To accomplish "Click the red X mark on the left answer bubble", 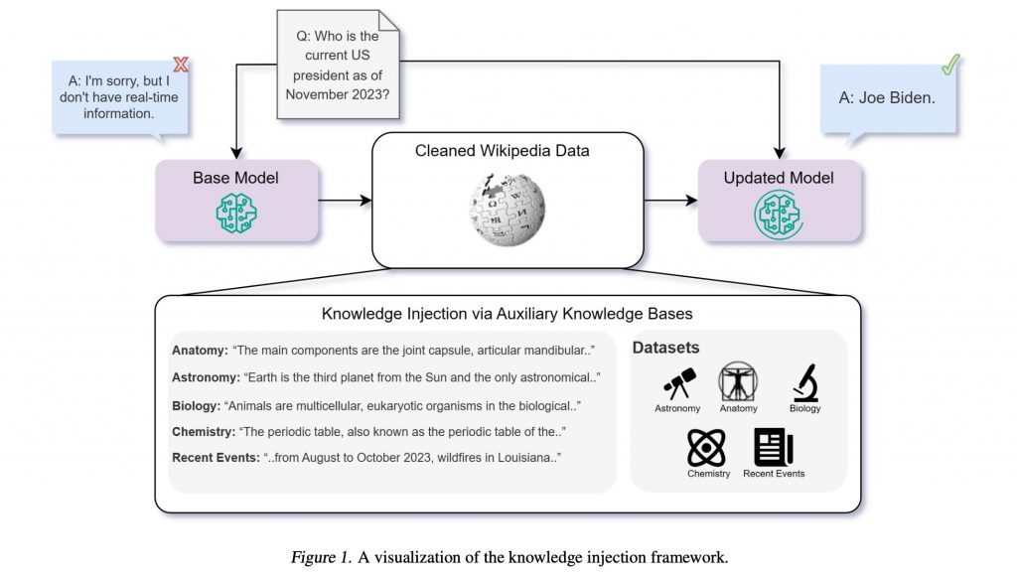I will click(x=181, y=66).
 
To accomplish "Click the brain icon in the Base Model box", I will click(x=237, y=213).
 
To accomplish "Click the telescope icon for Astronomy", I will click(x=679, y=383).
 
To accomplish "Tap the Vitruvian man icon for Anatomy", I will click(x=738, y=381).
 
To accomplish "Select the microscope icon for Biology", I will click(x=804, y=383).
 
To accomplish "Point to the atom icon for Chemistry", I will click(x=707, y=447).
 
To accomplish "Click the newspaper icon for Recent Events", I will click(x=773, y=447).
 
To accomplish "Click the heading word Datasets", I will click(x=666, y=348).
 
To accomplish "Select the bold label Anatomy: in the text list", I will click(x=200, y=351).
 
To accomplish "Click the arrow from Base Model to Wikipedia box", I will click(x=345, y=201).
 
